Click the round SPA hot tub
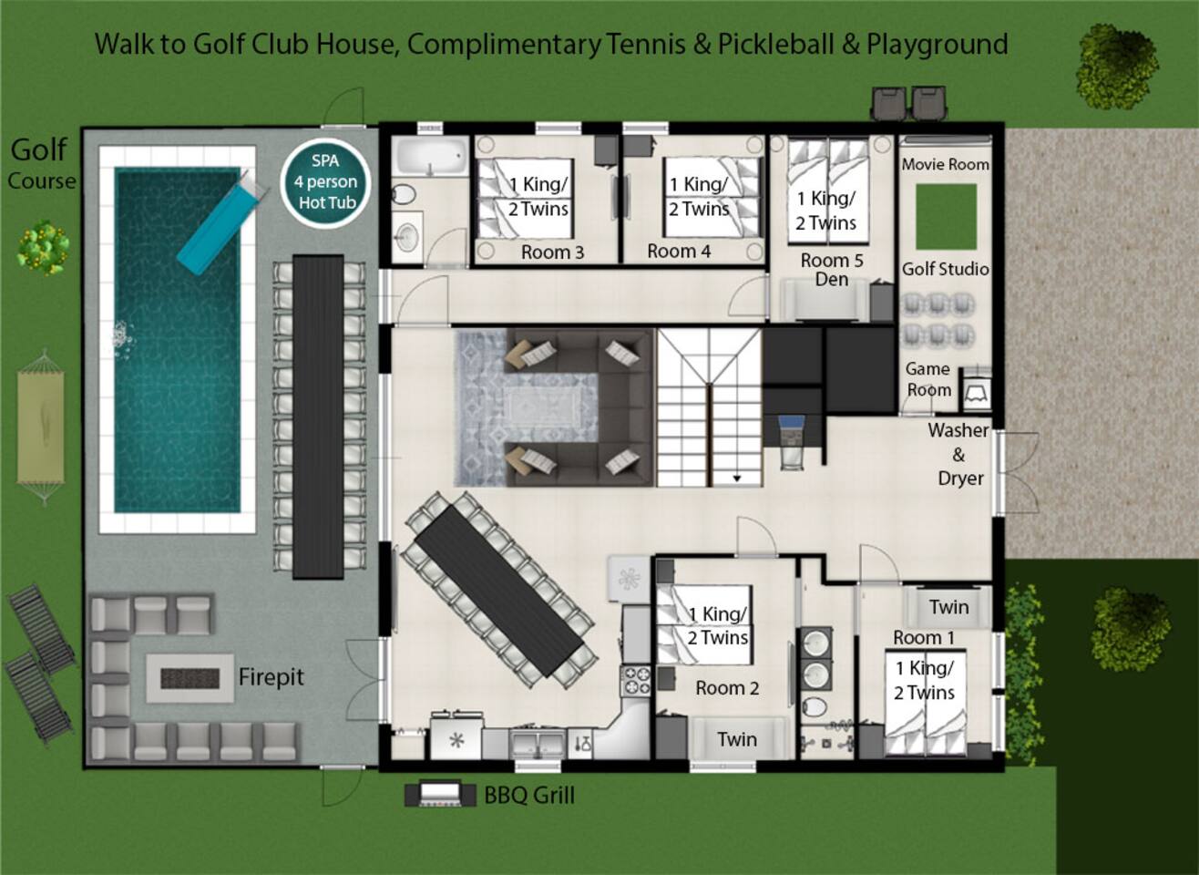tap(326, 182)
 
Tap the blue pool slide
tap(221, 222)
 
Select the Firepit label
tap(271, 677)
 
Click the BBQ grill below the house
tap(440, 794)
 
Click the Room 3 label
tap(552, 252)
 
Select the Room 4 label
tap(679, 252)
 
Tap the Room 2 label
tap(727, 688)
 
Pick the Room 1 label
tap(924, 638)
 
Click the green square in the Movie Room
tap(946, 217)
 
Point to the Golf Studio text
tap(946, 269)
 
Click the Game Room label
tap(928, 379)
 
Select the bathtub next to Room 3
tap(432, 156)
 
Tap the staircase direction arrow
tap(737, 479)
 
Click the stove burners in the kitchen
tap(636, 681)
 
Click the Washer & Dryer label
tap(958, 454)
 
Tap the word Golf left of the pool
tap(39, 150)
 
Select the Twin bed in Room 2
tap(738, 739)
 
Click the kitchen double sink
tap(538, 743)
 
